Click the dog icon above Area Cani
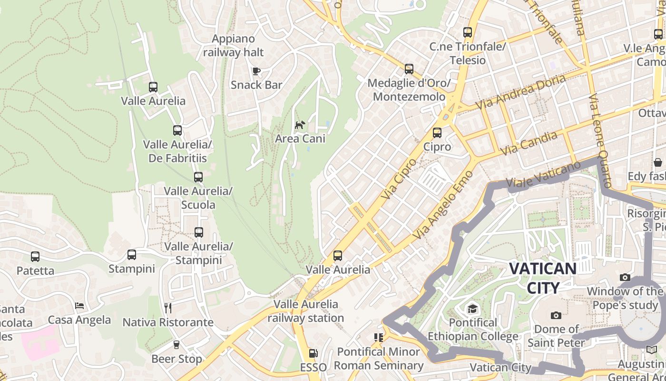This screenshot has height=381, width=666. (300, 125)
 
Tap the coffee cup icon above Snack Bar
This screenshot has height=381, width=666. (256, 71)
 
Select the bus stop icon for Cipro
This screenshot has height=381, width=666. (437, 133)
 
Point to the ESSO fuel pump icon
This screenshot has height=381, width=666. (313, 353)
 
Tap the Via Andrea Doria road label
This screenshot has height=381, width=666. (521, 92)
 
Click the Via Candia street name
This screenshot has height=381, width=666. (528, 143)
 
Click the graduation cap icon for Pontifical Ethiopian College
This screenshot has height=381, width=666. (472, 309)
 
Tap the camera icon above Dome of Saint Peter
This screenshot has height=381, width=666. (556, 315)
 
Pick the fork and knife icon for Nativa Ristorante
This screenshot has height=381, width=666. (167, 308)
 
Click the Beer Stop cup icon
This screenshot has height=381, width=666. (176, 345)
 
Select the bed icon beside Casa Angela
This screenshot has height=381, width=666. (79, 306)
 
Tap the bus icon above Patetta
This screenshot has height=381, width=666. (35, 257)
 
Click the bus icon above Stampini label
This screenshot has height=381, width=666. (132, 255)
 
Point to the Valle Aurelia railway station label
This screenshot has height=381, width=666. (305, 311)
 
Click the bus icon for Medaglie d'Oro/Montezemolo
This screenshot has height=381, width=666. (409, 69)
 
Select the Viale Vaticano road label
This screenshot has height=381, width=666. (543, 174)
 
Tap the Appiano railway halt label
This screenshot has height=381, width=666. (234, 45)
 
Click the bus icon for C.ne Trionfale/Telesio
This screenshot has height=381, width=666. (468, 32)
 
